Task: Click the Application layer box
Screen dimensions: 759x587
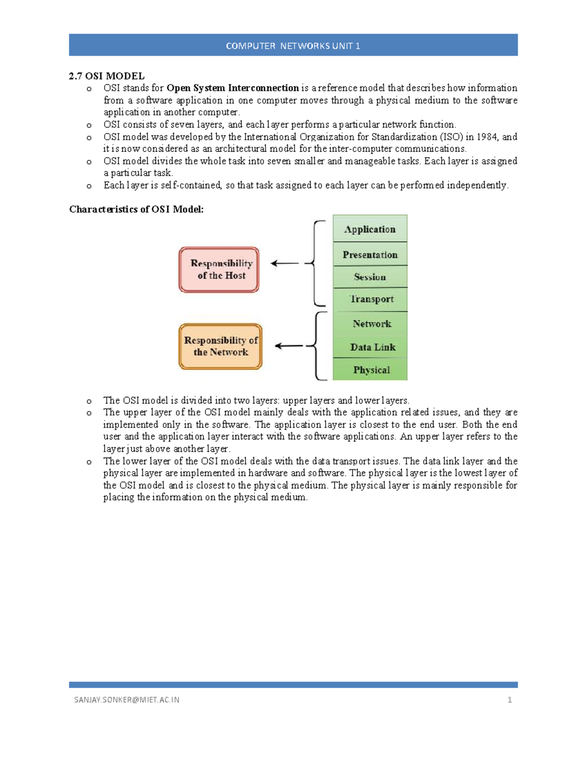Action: click(370, 229)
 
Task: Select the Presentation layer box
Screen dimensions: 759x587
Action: click(370, 254)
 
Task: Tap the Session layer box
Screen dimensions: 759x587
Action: click(370, 277)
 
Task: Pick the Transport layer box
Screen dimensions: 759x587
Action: click(370, 299)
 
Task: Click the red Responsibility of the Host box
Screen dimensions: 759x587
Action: click(219, 270)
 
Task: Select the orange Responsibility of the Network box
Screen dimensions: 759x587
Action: click(221, 346)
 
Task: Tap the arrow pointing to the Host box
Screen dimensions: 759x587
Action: click(285, 263)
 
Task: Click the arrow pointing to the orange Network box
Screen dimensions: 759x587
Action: click(289, 346)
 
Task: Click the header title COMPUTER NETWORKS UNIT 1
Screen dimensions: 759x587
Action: click(293, 46)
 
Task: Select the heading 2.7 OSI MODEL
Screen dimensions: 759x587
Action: click(107, 76)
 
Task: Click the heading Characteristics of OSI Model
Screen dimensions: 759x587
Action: click(136, 209)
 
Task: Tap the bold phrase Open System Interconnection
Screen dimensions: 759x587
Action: click(232, 88)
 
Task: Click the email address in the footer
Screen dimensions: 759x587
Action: click(127, 700)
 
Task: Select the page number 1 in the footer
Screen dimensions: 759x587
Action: click(510, 700)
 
